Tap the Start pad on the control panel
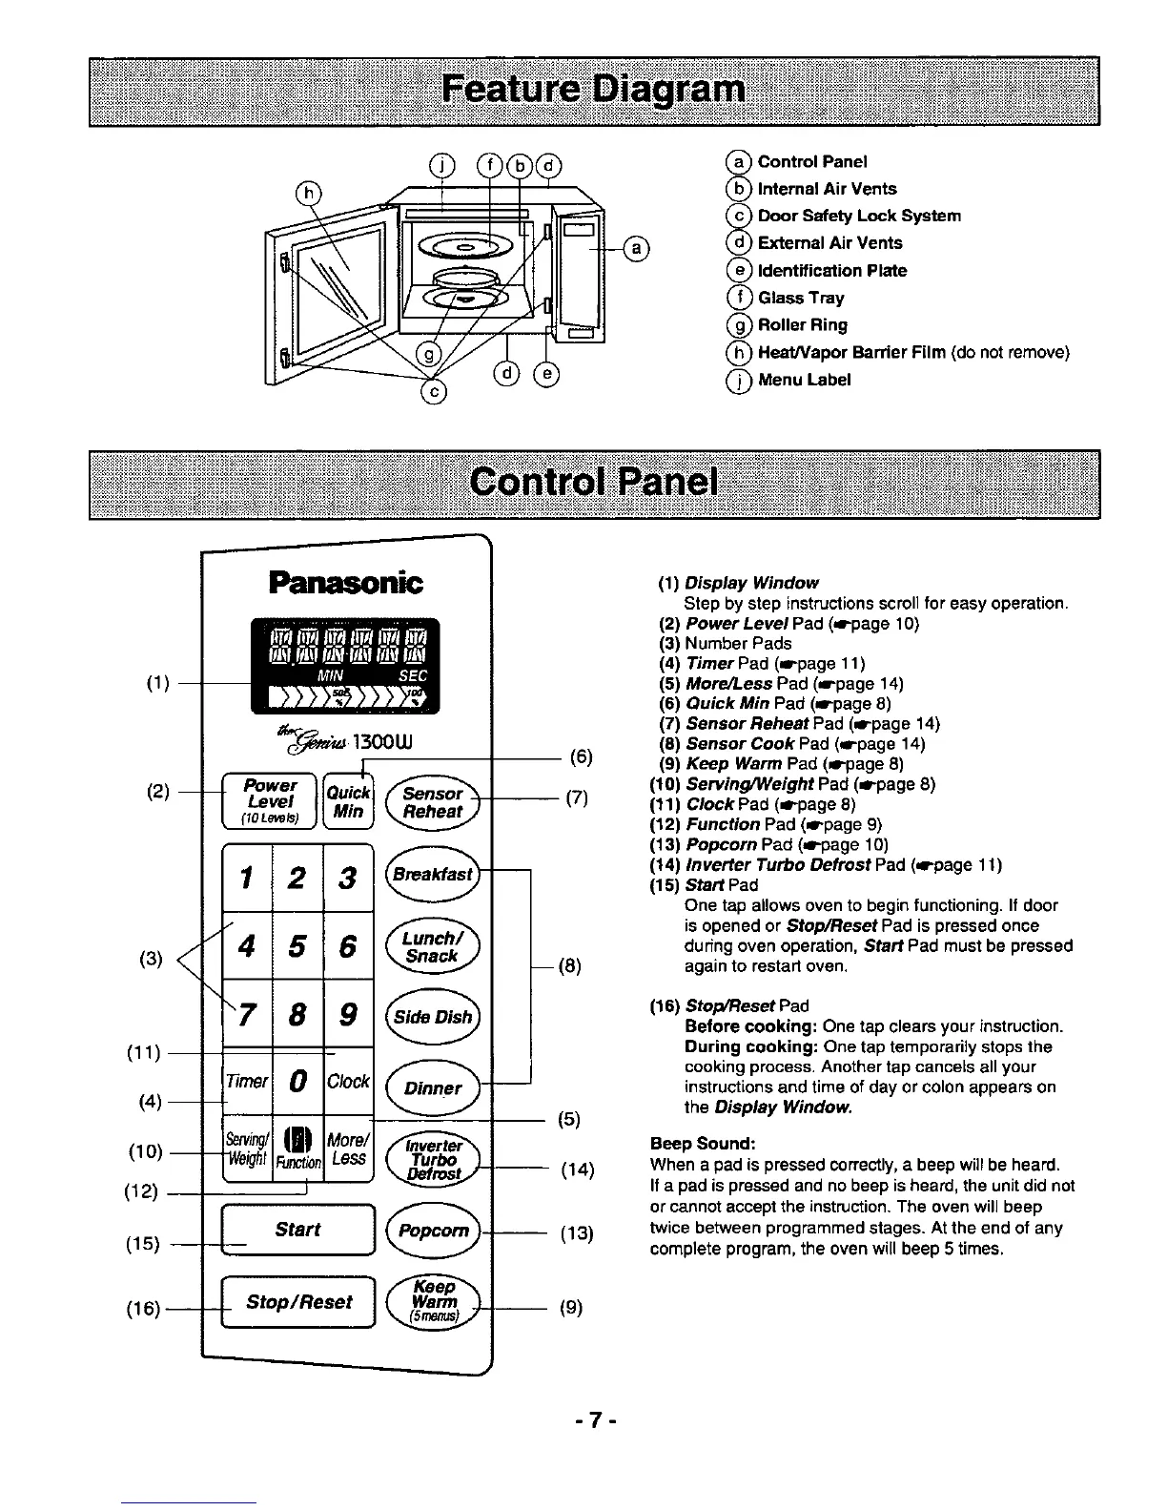coord(297,1231)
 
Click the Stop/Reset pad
coord(299,1302)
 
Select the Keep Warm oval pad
coord(434,1302)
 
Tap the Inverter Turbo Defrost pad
coord(434,1159)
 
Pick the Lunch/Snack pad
coord(432,946)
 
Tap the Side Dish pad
coord(434,1017)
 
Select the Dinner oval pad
coord(433,1088)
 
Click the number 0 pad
coord(297,1082)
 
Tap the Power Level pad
coord(270,801)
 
